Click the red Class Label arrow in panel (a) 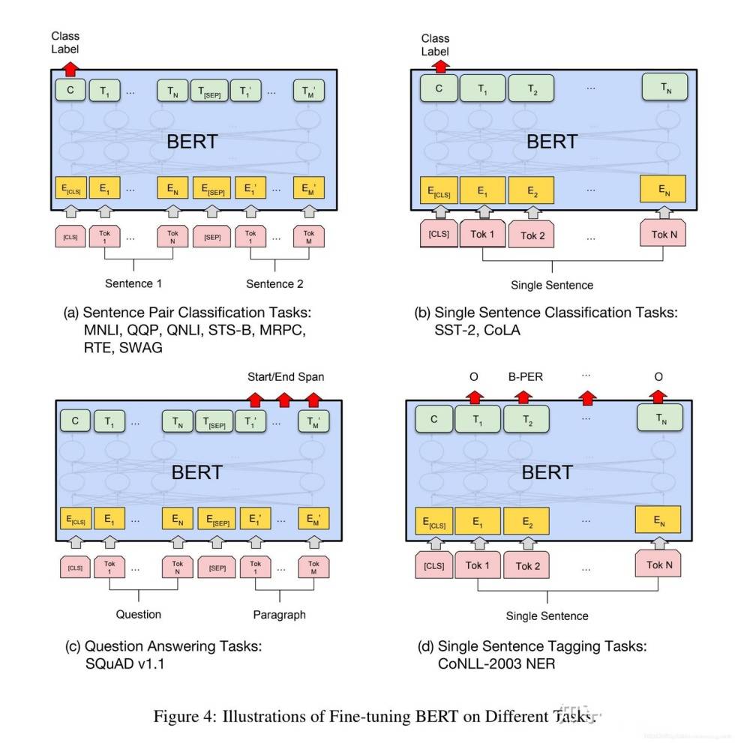point(70,68)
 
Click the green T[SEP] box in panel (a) point(208,91)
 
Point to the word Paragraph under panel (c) point(279,615)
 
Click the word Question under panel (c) point(138,614)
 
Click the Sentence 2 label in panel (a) point(274,283)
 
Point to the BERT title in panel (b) point(552,142)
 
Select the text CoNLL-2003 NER point(496,663)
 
